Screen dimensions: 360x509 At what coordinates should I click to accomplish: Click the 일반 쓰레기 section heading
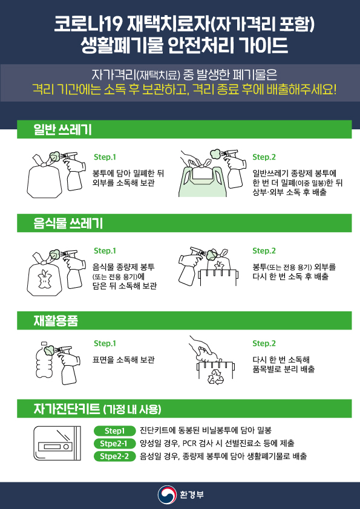(x=62, y=129)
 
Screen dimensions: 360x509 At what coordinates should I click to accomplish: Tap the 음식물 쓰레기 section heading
(x=68, y=223)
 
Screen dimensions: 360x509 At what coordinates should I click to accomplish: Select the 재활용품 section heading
(x=56, y=320)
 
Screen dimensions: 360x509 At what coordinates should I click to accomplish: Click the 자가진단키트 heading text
(x=67, y=409)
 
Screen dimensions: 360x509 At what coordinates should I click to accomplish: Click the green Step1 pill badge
(x=115, y=431)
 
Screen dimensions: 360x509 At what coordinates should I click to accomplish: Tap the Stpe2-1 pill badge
(x=115, y=444)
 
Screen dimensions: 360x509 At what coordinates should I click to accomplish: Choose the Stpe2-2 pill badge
(x=115, y=456)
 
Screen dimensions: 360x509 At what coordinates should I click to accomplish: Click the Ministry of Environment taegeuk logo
(x=167, y=495)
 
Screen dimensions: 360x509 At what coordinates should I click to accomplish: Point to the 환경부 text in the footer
(x=192, y=495)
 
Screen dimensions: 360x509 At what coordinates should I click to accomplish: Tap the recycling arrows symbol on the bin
(x=216, y=377)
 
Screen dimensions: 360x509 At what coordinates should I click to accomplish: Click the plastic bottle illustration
(x=45, y=363)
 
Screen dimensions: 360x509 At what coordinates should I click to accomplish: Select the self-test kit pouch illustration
(x=57, y=444)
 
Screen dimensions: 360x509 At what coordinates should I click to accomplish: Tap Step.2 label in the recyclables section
(x=264, y=343)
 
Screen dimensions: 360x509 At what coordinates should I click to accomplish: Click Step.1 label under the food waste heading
(x=105, y=251)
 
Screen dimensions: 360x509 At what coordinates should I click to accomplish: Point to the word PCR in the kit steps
(x=189, y=444)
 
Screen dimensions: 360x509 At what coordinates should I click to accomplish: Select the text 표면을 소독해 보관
(x=123, y=360)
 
